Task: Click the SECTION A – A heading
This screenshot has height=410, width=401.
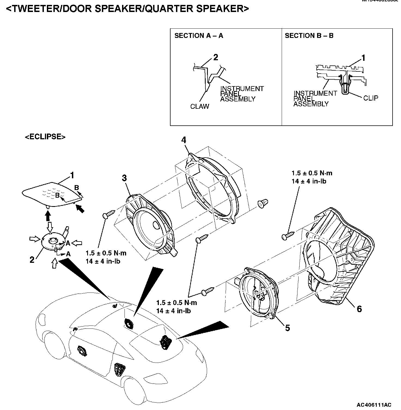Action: tap(199, 36)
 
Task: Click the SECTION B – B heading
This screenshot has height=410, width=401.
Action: tap(309, 36)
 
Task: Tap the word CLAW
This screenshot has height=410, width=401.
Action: tap(200, 106)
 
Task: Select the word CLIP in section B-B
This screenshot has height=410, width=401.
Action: tap(371, 98)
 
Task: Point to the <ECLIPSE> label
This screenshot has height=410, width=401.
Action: tap(45, 137)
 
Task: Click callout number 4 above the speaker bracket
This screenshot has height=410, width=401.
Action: tap(184, 140)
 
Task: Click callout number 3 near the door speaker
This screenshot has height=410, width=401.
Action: tap(124, 178)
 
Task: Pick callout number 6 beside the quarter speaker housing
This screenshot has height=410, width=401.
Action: tap(359, 309)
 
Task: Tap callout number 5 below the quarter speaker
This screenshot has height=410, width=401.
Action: tap(287, 328)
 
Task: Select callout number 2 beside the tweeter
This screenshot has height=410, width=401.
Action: tap(32, 260)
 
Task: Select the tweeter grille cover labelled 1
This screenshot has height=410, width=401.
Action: tap(49, 194)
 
